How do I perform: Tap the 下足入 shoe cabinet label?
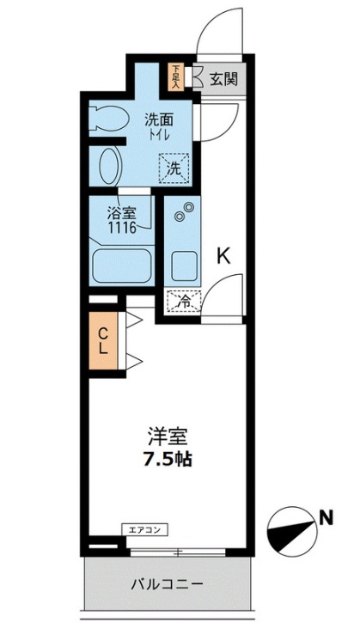pos(176,77)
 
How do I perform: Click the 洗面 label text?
pos(157,119)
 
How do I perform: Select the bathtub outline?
pos(121,266)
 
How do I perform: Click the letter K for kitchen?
pos(223,255)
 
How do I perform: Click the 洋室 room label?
pos(167,436)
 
